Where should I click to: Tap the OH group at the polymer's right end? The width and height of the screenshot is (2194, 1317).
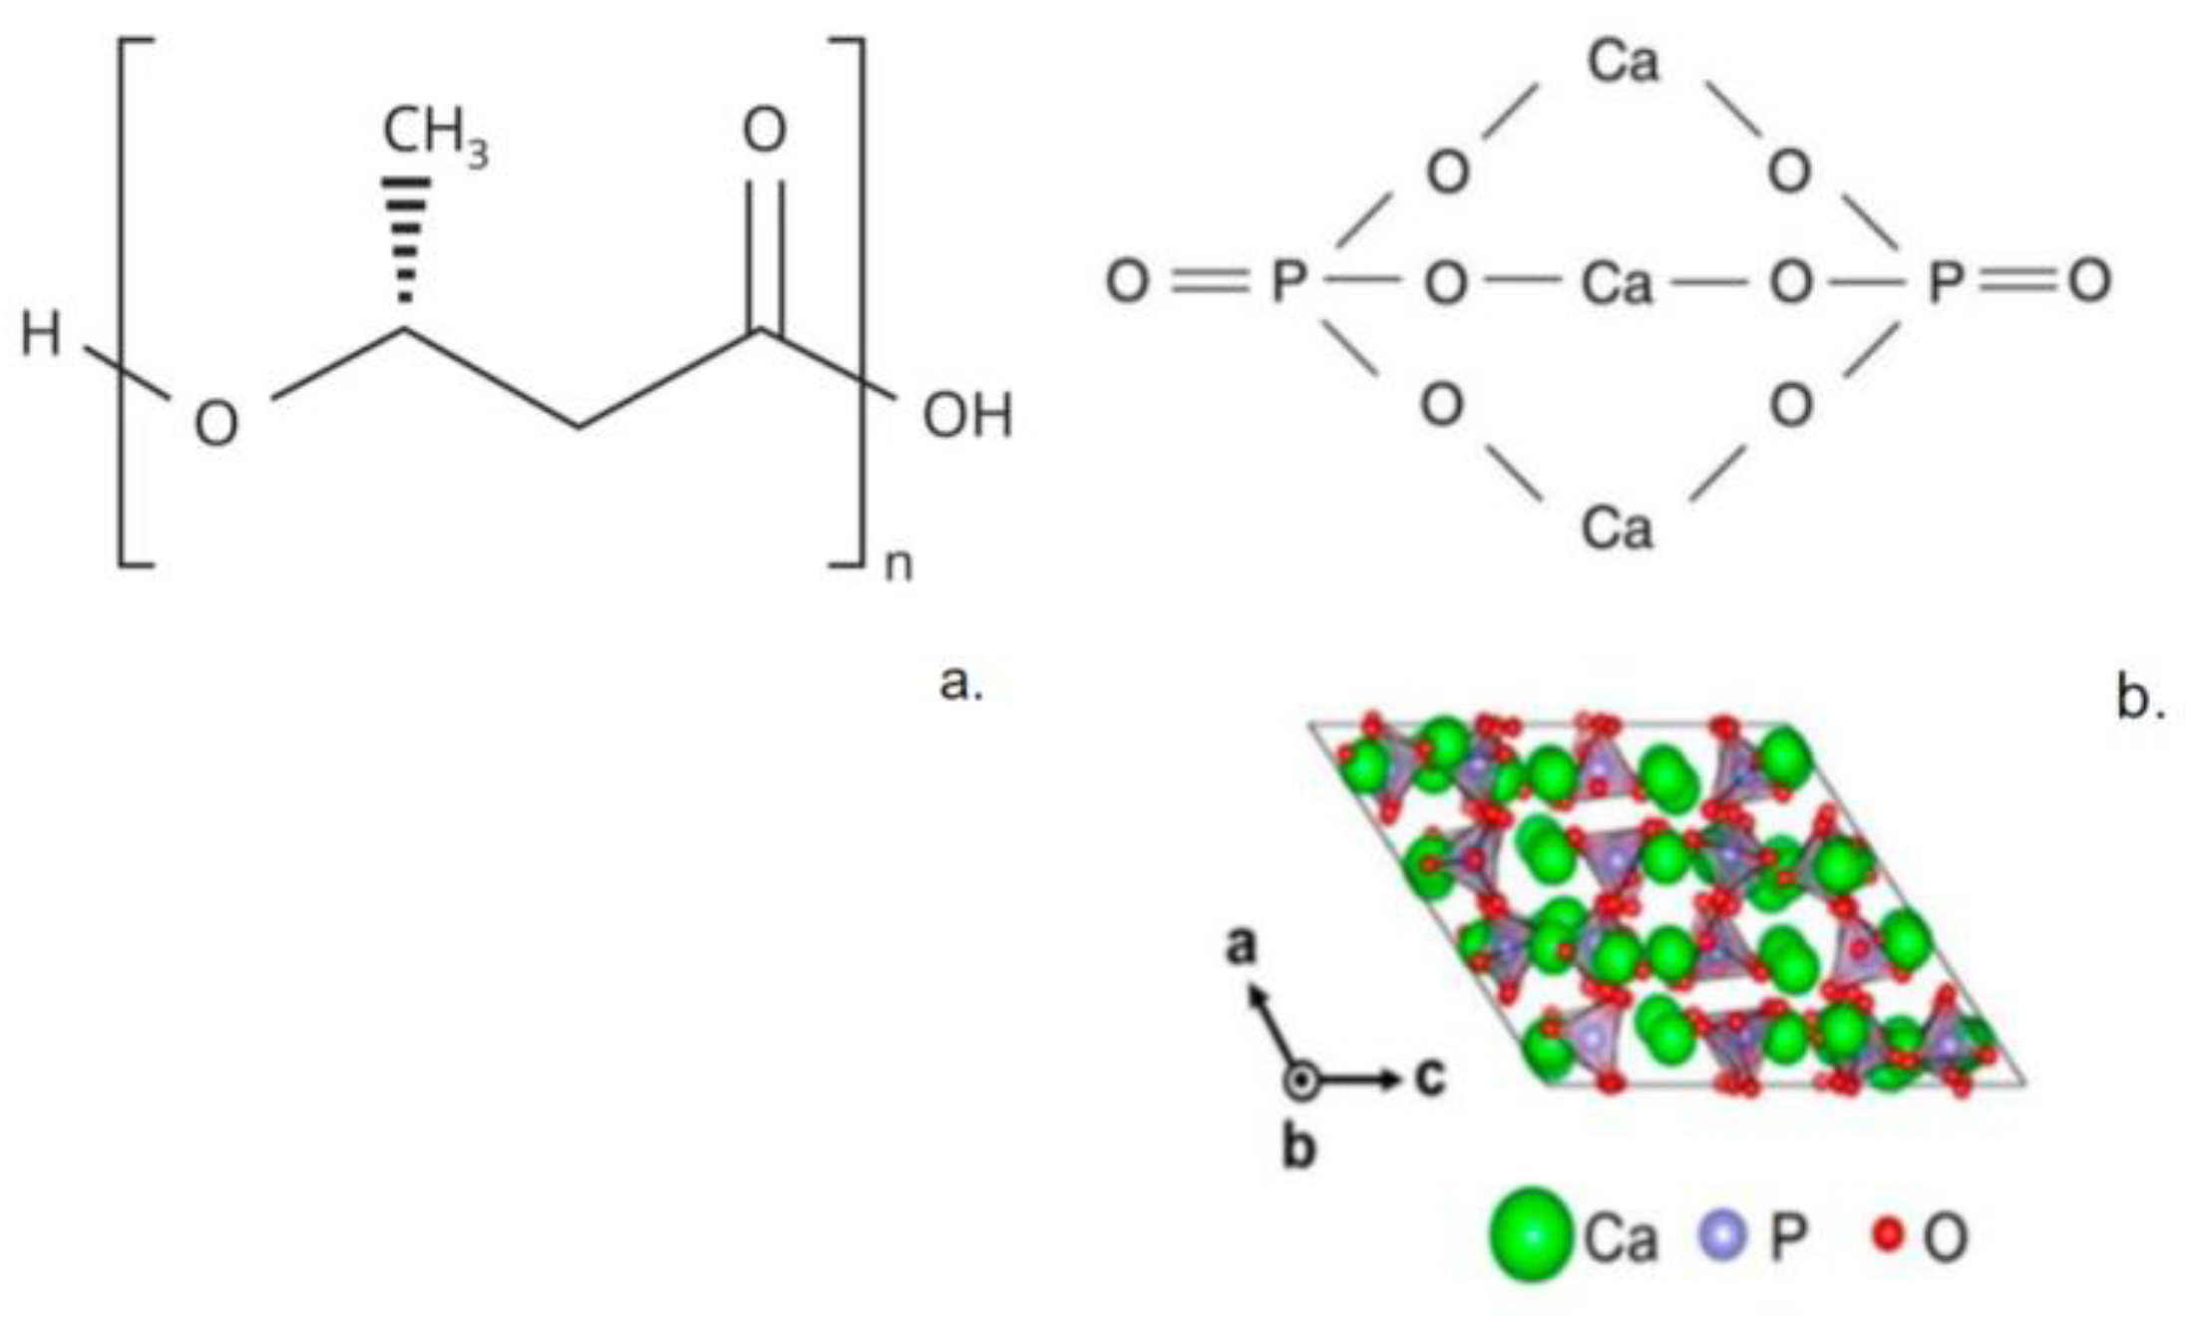point(966,416)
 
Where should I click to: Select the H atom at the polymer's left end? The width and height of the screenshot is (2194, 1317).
point(41,334)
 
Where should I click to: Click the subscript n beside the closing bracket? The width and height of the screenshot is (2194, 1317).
point(898,565)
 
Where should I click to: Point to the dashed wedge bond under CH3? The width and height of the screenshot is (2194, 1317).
point(406,239)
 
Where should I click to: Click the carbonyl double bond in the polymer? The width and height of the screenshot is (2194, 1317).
point(764,254)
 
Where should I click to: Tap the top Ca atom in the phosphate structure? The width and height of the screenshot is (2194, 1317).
point(1623,62)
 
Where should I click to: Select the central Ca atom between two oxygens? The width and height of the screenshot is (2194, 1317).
point(1617,283)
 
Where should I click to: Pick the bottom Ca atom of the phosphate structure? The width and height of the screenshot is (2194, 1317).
point(1617,527)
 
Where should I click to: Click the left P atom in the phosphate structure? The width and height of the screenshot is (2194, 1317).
point(1288,282)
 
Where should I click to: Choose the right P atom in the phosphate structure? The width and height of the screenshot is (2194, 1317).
point(1945,282)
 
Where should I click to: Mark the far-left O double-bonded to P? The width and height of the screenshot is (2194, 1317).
point(1127,282)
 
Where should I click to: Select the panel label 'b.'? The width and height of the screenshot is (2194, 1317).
point(2140,700)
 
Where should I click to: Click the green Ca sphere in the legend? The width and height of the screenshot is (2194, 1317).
point(1531,1234)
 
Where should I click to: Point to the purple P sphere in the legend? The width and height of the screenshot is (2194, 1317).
point(1722,1234)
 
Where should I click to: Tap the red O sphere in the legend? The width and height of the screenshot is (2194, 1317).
point(1887,1235)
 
